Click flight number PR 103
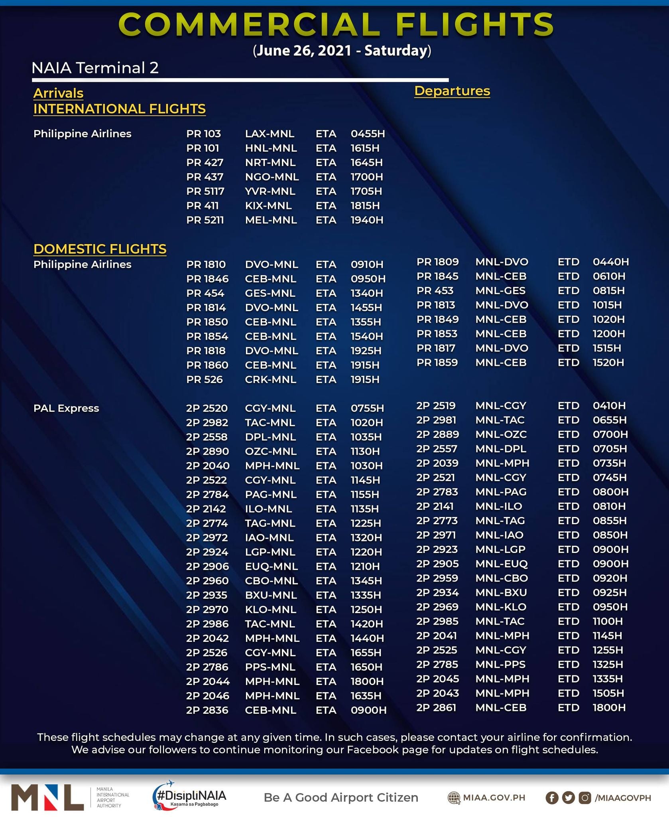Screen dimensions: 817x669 tap(203, 134)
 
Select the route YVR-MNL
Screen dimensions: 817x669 tap(270, 191)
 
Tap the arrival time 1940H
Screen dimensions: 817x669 tap(366, 220)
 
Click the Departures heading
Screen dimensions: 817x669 tap(452, 91)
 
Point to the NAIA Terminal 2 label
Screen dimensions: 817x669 tap(95, 68)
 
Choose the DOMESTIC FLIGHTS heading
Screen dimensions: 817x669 tap(100, 249)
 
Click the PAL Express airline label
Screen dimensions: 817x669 tap(66, 408)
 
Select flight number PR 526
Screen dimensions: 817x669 tap(204, 379)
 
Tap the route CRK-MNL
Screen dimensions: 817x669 tap(270, 379)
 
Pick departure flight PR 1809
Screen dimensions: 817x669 tap(437, 262)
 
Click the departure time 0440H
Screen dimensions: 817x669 tap(610, 262)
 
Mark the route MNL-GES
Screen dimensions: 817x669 tap(500, 290)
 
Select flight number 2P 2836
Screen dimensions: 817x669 tap(207, 710)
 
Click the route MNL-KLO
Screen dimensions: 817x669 tap(500, 607)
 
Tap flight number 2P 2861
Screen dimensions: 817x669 tap(437, 707)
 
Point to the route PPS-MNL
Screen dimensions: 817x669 tap(270, 667)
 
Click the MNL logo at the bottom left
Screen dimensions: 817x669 tap(48, 797)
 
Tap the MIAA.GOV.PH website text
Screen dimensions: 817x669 tap(494, 797)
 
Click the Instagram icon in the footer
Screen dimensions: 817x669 tap(584, 797)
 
